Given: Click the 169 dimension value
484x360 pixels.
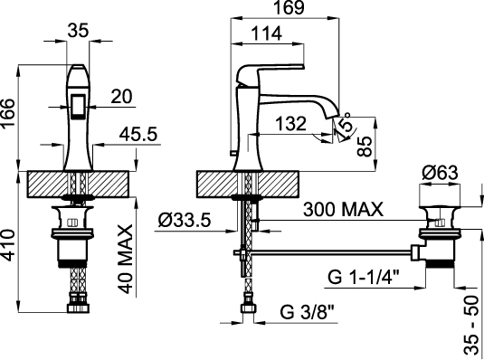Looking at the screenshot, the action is coord(289,7).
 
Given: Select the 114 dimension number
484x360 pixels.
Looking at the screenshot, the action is coord(266,33).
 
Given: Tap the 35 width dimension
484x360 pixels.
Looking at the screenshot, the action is coord(78,30).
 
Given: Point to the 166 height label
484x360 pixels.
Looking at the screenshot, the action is coord(8,112).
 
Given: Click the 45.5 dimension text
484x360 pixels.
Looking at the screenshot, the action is coord(138,134).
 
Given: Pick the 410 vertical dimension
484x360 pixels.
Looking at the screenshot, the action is coord(8,245).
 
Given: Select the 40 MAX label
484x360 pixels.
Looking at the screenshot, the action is coord(126,259).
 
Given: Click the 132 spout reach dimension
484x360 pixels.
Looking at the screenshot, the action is coord(290,124).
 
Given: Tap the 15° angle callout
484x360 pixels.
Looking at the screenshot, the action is coord(344,125).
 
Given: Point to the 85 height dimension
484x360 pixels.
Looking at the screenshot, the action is coord(365,147).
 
